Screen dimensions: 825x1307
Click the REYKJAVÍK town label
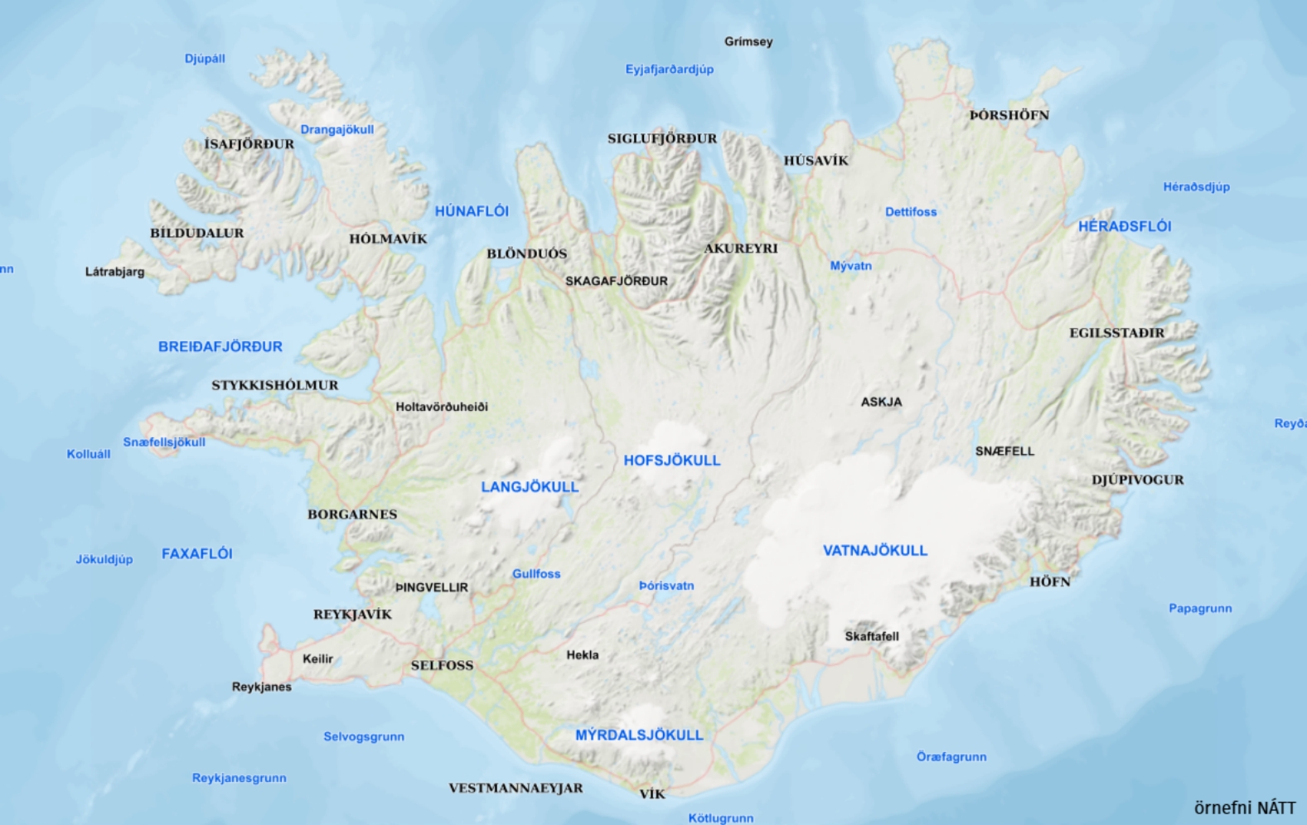(352, 614)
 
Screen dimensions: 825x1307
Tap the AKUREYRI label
(740, 248)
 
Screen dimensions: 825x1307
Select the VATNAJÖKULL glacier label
(874, 550)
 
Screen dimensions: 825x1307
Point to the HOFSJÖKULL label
(671, 461)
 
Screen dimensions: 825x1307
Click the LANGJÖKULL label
(530, 486)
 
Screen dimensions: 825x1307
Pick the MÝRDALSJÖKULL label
(639, 735)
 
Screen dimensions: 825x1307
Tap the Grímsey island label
(748, 41)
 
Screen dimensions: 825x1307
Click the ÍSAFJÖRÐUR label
(249, 144)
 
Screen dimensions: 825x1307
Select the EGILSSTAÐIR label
(1116, 333)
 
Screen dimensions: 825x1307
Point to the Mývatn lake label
(850, 266)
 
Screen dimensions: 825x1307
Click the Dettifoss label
(910, 212)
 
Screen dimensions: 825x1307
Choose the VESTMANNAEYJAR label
(516, 788)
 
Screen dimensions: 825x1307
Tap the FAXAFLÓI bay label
(196, 553)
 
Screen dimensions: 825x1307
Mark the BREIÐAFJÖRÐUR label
(220, 346)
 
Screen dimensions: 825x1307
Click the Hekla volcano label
(582, 654)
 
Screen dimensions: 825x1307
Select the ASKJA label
(880, 402)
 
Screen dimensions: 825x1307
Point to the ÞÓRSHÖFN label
(1009, 115)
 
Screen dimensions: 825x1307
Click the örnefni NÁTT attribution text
(1243, 808)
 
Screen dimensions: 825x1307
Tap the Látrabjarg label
(114, 272)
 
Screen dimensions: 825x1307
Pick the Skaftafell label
(871, 636)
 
